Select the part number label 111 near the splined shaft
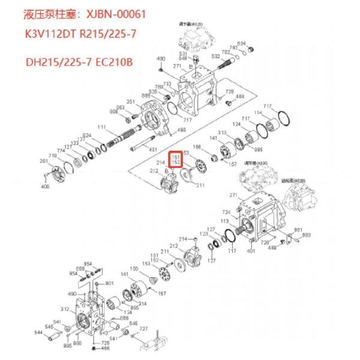(x=101, y=127)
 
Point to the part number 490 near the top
(x=160, y=59)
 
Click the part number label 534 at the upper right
(x=241, y=44)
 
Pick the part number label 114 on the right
(x=275, y=113)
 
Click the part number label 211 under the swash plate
(x=199, y=185)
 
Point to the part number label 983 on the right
(x=306, y=236)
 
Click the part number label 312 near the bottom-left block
(x=64, y=309)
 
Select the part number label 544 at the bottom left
(x=39, y=332)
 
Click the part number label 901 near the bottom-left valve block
(x=109, y=283)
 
